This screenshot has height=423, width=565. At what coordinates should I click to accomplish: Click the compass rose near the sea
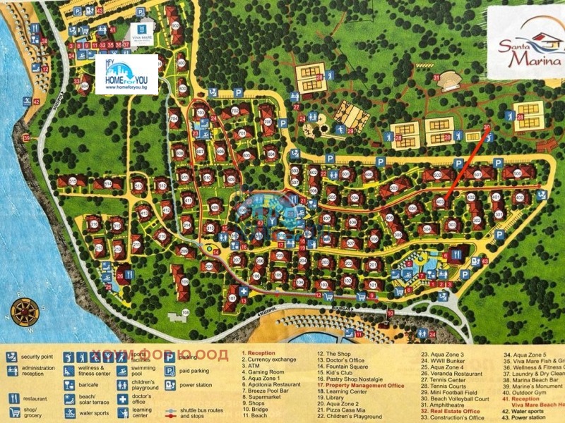[x=24, y=310]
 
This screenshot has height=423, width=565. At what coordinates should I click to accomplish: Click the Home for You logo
[x=126, y=74]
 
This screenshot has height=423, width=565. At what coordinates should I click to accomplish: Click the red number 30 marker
[x=486, y=127]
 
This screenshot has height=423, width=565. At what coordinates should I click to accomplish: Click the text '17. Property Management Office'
[x=360, y=386]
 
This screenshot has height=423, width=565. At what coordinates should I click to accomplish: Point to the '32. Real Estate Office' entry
[x=450, y=412]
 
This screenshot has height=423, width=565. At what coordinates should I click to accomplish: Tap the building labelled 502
[x=438, y=175]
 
